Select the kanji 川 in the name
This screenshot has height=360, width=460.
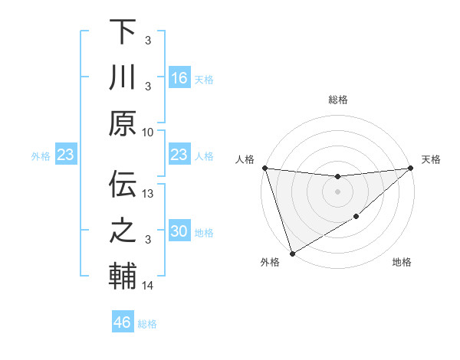[x=123, y=77]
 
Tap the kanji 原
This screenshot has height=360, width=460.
[x=123, y=123]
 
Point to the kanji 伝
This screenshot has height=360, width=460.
[x=123, y=185]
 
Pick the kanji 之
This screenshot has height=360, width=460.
[x=123, y=231]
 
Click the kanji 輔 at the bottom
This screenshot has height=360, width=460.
[x=123, y=276]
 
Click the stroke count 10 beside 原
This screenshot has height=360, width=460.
[x=149, y=132]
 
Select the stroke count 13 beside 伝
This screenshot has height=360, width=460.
[x=149, y=195]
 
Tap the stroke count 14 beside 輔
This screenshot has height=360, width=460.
[x=149, y=286]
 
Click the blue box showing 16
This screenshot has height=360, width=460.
[x=179, y=78]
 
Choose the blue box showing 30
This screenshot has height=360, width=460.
[x=179, y=232]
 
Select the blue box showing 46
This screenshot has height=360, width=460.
[x=123, y=322]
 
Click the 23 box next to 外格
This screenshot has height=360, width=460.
[x=65, y=155]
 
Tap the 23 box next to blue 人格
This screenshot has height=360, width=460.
[x=179, y=155]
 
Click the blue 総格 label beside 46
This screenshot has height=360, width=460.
[x=147, y=324]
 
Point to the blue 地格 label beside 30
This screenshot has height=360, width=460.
[x=204, y=233]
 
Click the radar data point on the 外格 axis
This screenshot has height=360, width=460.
[x=292, y=254]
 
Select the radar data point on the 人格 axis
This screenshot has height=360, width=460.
[x=264, y=168]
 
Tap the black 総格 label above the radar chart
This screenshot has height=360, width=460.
[x=337, y=100]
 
